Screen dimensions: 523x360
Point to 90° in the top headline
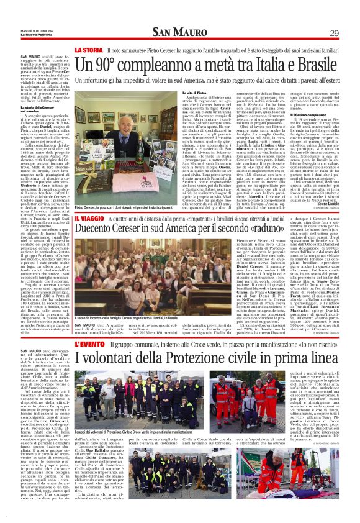(x=109, y=63)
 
